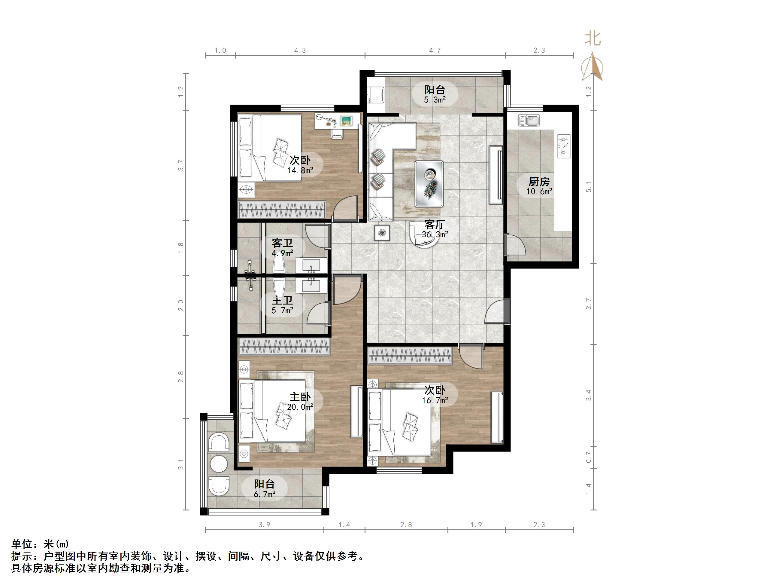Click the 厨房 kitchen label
click(x=539, y=182)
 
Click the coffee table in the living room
click(x=429, y=184)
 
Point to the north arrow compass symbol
click(x=592, y=67)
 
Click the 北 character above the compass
click(x=593, y=38)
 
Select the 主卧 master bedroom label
click(x=300, y=397)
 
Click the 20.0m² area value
click(x=300, y=407)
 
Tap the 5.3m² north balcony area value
click(x=435, y=100)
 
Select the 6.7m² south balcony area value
click(x=265, y=495)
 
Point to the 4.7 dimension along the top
click(x=435, y=51)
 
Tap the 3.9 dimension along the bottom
click(x=265, y=525)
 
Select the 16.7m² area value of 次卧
click(x=435, y=400)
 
